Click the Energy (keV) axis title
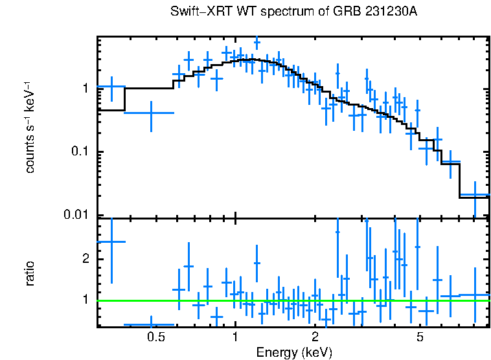294,352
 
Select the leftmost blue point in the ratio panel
111,242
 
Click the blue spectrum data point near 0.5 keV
151,113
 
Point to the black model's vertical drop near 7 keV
459,179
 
